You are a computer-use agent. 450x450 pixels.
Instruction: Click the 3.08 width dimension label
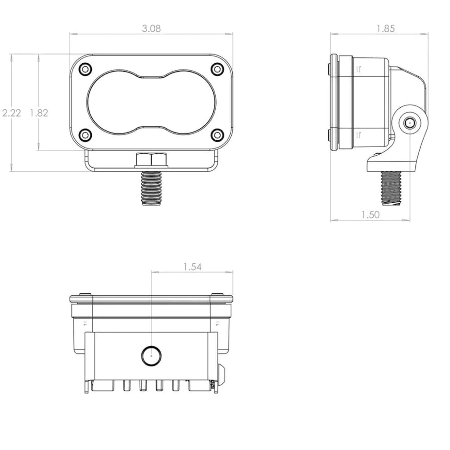[x=151, y=29]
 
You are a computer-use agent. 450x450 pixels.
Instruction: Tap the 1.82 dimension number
[x=39, y=113]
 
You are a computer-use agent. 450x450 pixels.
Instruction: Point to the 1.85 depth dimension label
[x=385, y=29]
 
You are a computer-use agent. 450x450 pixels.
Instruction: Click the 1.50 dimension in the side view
[x=370, y=214]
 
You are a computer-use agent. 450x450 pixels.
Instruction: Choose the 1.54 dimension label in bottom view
[x=192, y=267]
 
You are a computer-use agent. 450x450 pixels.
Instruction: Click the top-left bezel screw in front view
[x=85, y=69]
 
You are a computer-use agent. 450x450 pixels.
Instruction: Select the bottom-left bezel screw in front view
[x=85, y=134]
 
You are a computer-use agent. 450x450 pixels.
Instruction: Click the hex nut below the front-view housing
[x=151, y=160]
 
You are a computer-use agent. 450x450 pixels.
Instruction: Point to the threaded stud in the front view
[x=151, y=187]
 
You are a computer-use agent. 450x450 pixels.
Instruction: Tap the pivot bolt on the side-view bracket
[x=410, y=123]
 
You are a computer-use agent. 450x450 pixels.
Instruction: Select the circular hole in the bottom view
[x=151, y=355]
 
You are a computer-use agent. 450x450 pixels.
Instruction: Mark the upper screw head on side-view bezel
[x=330, y=69]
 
